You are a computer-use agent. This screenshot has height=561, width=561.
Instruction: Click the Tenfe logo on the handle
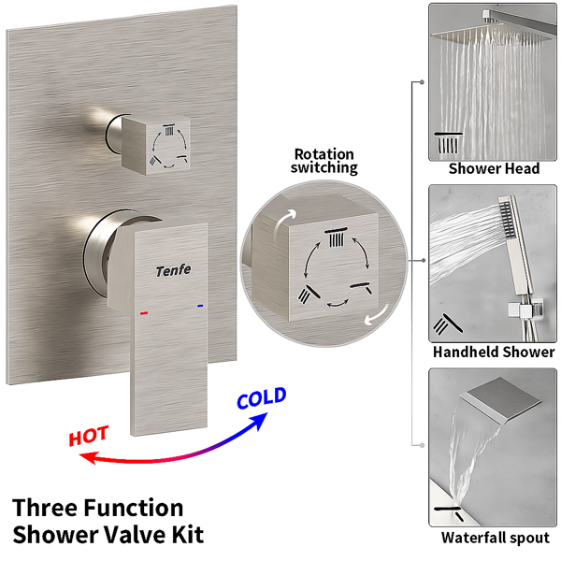[x=174, y=270]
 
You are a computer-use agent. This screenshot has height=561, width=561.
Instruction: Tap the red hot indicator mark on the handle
[x=144, y=313]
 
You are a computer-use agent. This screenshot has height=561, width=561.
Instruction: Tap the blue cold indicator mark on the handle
[x=200, y=306]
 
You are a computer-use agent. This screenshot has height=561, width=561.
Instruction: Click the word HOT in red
[x=89, y=436]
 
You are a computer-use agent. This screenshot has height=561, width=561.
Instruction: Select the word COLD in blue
[x=262, y=398]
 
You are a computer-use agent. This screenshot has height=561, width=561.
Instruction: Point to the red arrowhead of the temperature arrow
[x=88, y=457]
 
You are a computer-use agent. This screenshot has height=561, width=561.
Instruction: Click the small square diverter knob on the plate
[x=156, y=145]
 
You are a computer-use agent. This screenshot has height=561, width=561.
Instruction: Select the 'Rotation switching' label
[x=324, y=161]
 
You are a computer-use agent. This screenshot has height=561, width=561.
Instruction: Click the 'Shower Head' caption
[x=494, y=168]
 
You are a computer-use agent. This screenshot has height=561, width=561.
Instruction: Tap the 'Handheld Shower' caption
[x=494, y=352]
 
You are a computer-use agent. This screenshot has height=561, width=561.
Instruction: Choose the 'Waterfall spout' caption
[x=496, y=538]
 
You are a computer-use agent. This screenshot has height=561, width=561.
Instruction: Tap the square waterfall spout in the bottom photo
[x=500, y=404]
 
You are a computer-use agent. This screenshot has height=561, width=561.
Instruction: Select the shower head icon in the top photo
[x=448, y=143]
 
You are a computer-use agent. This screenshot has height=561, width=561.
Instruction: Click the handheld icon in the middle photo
[x=448, y=324]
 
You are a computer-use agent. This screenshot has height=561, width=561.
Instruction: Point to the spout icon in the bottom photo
[x=449, y=513]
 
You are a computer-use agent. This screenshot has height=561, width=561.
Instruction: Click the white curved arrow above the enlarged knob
[x=284, y=222]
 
